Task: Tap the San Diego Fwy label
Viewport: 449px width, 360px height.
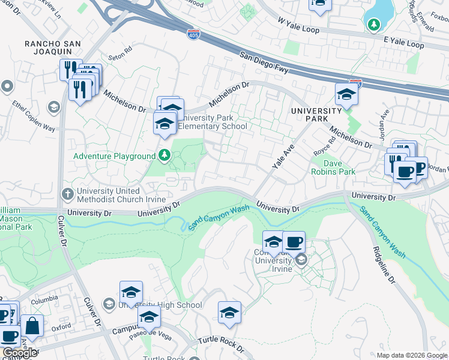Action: point(266,62)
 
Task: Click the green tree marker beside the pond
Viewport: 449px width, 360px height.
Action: point(374,24)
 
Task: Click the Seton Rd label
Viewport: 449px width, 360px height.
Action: point(120,55)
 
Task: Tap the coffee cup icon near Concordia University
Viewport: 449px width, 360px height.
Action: point(294,242)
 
